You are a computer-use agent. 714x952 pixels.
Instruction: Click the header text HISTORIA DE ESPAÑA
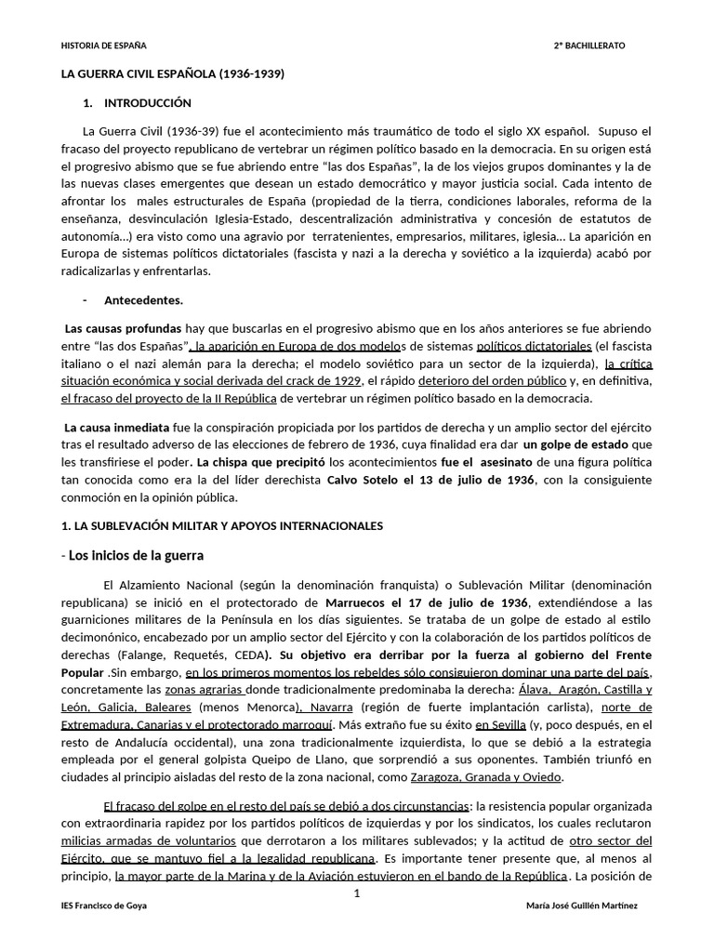click(x=103, y=45)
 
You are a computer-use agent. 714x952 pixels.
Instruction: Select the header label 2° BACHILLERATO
click(x=589, y=45)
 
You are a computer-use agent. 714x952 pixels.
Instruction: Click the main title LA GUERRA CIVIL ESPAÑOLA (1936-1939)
click(x=172, y=73)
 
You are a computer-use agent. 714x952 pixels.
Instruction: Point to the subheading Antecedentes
click(x=144, y=300)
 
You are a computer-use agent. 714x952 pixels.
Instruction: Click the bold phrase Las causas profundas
click(x=123, y=328)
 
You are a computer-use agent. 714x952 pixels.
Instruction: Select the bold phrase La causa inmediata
click(x=116, y=427)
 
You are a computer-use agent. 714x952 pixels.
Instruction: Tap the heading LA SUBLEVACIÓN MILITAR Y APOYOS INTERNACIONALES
click(x=221, y=525)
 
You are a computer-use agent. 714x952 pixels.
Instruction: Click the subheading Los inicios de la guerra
click(x=136, y=555)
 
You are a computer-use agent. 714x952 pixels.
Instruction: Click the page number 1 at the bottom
click(x=357, y=892)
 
